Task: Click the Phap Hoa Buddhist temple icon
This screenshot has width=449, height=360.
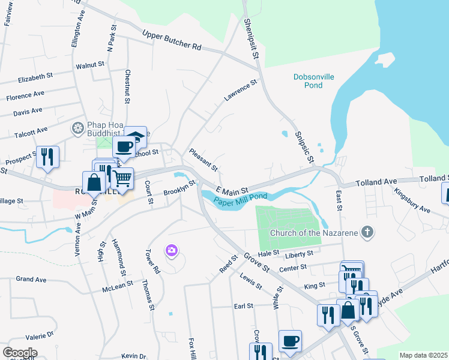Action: click(x=77, y=128)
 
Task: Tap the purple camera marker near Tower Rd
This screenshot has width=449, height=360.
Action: click(x=172, y=250)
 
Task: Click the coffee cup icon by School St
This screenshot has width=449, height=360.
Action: click(x=125, y=146)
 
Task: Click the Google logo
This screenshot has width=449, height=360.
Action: click(x=19, y=352)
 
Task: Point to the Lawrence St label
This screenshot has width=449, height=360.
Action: click(x=240, y=90)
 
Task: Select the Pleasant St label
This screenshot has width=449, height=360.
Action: click(x=203, y=160)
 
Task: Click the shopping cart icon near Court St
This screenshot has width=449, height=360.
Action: click(x=122, y=178)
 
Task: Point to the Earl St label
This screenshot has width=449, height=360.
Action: click(x=243, y=306)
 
